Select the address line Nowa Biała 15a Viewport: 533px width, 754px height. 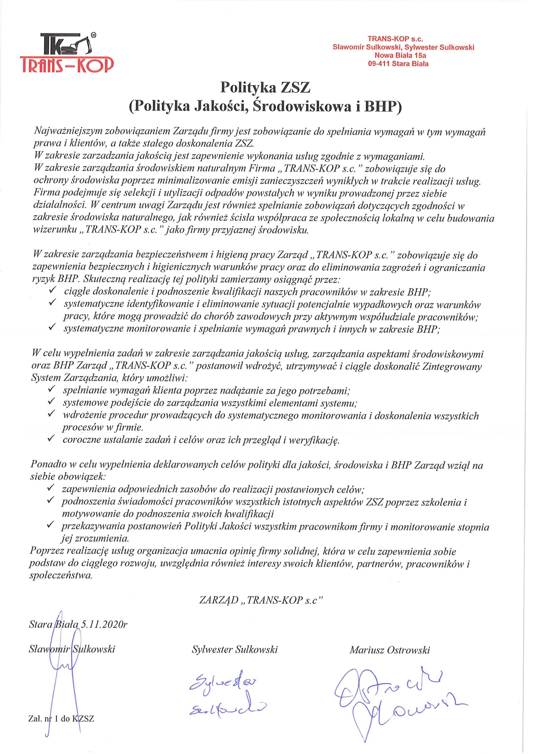[x=403, y=56]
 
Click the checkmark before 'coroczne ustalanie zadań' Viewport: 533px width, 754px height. [x=51, y=439]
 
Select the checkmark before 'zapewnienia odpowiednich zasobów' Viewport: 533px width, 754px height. [x=51, y=489]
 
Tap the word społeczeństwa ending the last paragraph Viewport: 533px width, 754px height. [x=60, y=576]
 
